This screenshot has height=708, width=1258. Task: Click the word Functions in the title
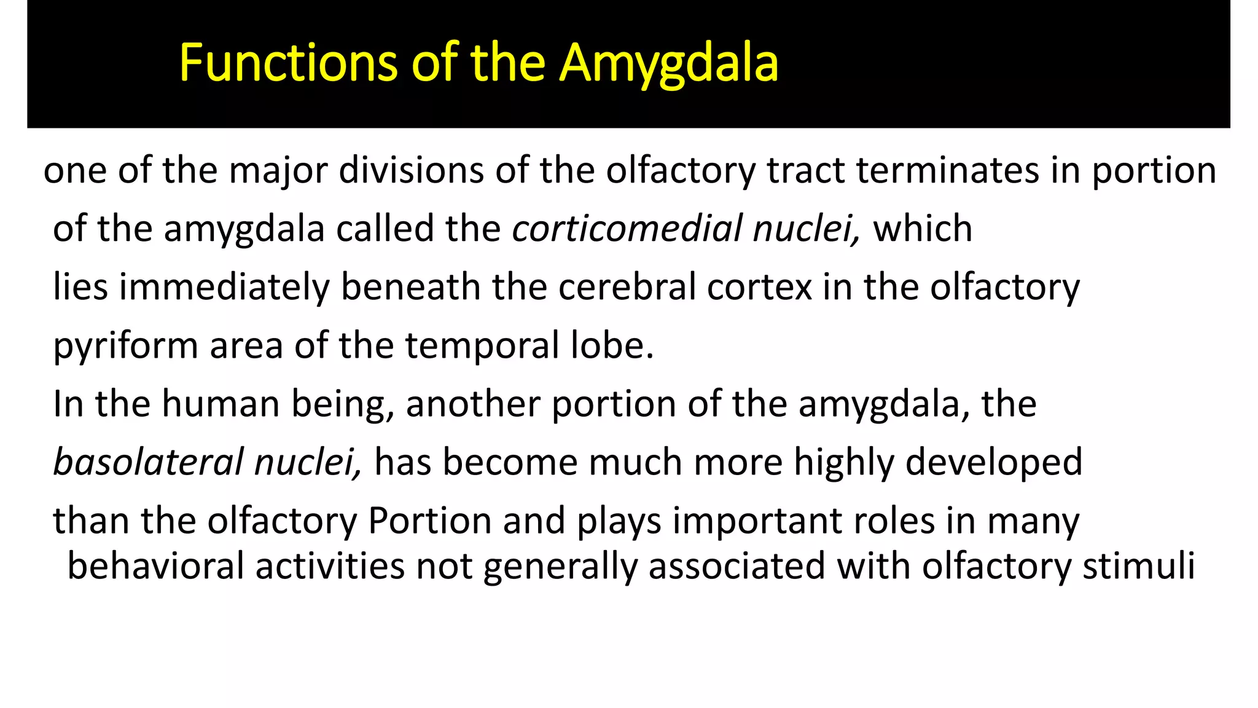(288, 63)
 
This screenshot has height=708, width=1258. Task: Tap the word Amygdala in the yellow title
(669, 65)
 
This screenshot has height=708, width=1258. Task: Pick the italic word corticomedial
(627, 229)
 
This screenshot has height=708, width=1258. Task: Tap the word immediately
(224, 288)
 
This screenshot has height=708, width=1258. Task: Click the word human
(221, 404)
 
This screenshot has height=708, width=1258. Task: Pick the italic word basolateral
(148, 462)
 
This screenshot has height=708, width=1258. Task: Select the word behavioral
(155, 566)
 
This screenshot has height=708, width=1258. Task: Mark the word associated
(736, 566)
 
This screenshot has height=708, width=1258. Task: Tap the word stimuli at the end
(1138, 566)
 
